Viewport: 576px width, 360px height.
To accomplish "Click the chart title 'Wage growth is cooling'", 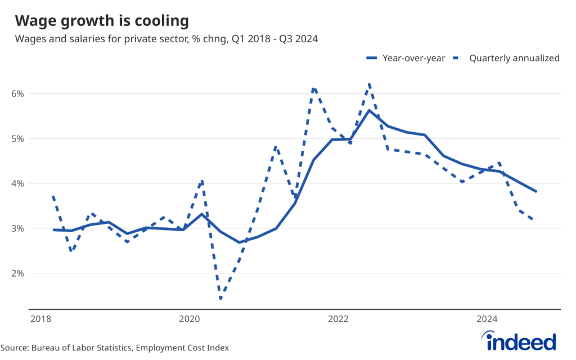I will click(101, 21).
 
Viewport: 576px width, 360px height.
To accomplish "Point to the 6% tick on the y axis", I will click(18, 93).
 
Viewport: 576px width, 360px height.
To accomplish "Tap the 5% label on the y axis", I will click(18, 138).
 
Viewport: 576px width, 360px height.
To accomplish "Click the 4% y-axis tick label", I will click(18, 183).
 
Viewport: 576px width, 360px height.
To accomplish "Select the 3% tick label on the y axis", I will click(18, 228).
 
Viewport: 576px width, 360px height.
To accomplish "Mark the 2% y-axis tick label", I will click(18, 273).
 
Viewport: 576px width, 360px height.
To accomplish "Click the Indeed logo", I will click(520, 340).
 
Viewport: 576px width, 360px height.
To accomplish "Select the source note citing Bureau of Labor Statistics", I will click(115, 348).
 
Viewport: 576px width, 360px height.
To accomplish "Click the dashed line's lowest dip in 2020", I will click(220, 299).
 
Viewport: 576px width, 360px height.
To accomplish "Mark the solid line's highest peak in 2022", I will click(369, 110).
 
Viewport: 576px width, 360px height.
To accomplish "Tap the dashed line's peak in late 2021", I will click(313, 87).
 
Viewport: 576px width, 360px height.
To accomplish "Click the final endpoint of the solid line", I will click(536, 191).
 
